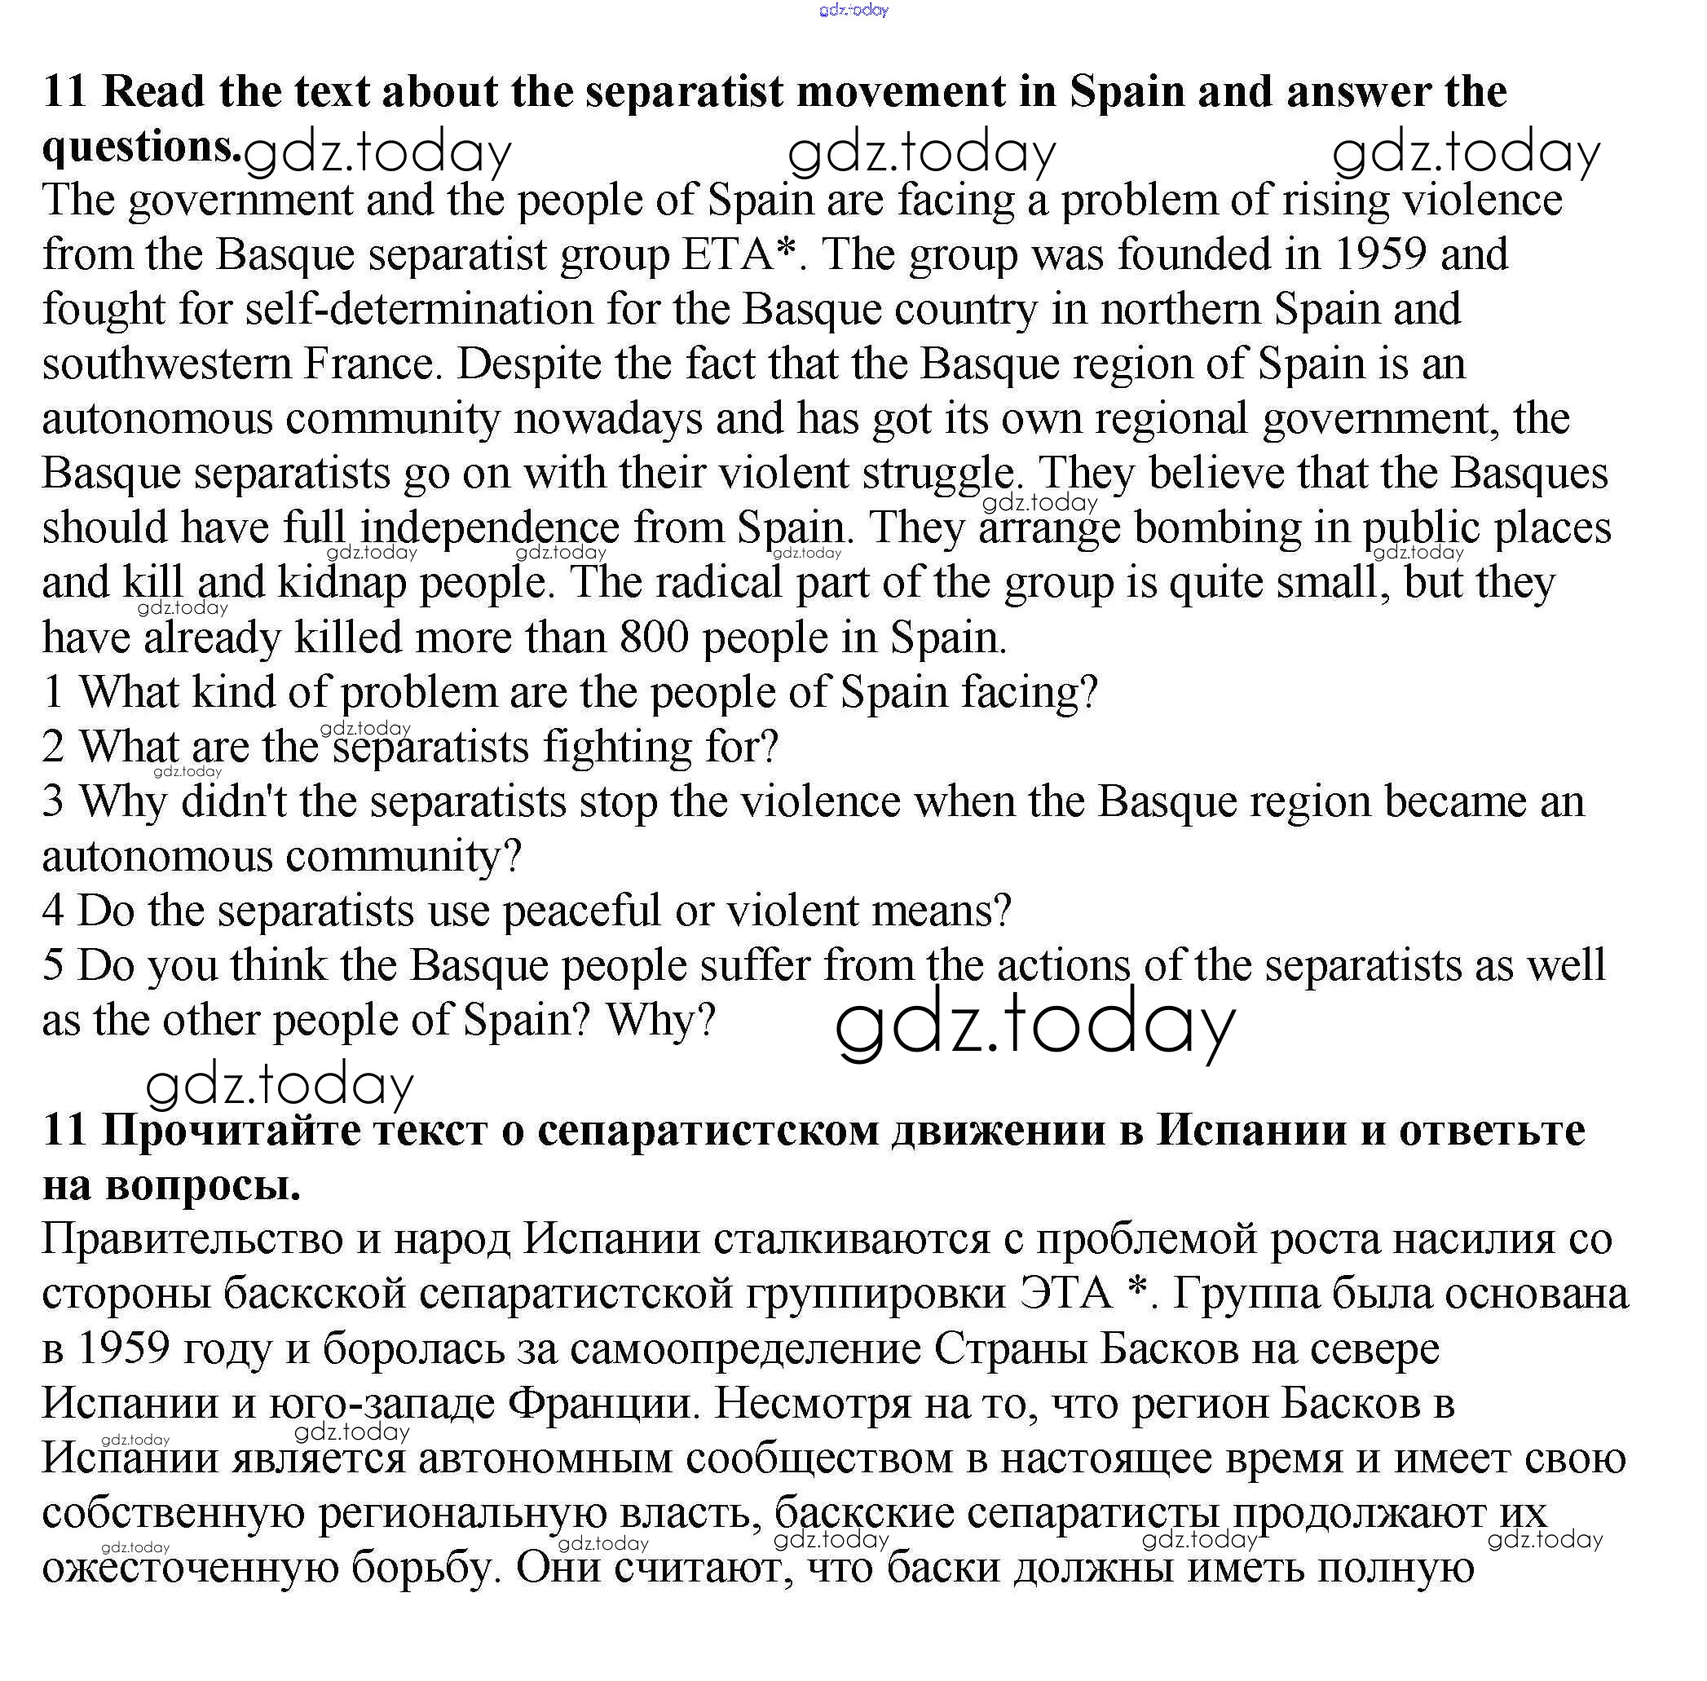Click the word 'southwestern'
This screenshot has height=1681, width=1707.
[166, 364]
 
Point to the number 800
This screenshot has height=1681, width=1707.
[653, 638]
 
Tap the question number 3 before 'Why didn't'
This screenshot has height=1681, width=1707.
[53, 801]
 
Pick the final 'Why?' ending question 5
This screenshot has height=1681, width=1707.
[660, 1021]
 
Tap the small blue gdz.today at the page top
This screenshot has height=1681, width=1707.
[853, 10]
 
